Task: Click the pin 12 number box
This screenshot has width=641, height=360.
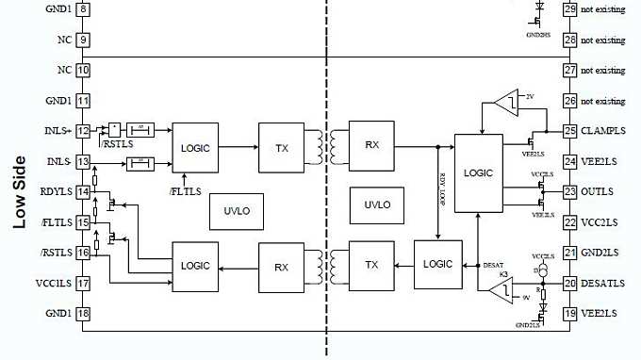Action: [x=83, y=131]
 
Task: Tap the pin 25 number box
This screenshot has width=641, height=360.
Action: [x=569, y=131]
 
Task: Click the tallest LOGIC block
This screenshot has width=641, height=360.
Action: [x=479, y=173]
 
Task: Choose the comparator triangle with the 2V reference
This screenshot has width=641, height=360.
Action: [x=505, y=99]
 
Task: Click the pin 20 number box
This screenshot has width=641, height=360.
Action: [x=569, y=283]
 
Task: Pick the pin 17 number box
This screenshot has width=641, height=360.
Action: [x=83, y=283]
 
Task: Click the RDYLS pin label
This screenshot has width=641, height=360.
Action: [x=57, y=191]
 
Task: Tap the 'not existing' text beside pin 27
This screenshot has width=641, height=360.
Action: [x=602, y=71]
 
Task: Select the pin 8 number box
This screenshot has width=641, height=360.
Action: [x=83, y=9]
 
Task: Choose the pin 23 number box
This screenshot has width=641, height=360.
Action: [x=569, y=191]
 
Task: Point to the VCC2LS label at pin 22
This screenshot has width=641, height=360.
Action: [x=599, y=222]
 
